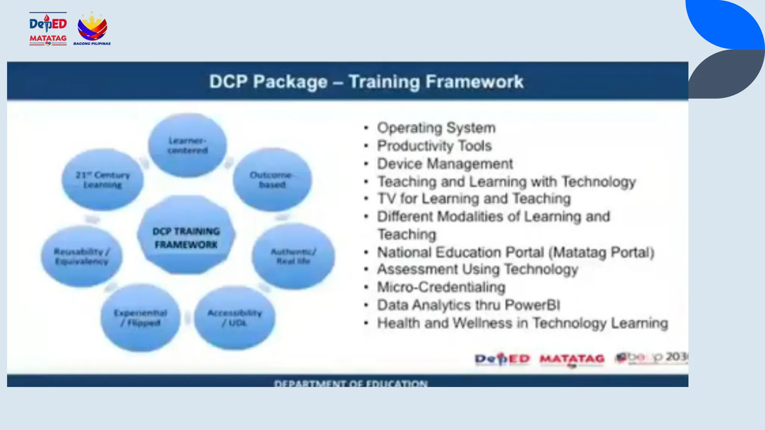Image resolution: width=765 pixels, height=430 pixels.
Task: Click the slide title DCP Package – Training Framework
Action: (x=366, y=82)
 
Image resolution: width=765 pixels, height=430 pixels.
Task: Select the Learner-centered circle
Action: (x=188, y=145)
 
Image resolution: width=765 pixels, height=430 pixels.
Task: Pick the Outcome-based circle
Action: (x=272, y=180)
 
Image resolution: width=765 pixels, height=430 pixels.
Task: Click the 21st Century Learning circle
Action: (x=103, y=180)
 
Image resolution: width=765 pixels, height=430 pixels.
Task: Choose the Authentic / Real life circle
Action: (x=293, y=256)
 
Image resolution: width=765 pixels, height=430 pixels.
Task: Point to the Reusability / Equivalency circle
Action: (x=82, y=256)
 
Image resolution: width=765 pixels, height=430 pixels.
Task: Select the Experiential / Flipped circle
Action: (x=140, y=317)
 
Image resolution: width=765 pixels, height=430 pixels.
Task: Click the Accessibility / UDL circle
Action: (x=235, y=317)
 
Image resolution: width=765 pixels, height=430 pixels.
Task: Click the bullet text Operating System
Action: (x=436, y=128)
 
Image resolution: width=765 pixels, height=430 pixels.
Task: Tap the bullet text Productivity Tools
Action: (x=434, y=146)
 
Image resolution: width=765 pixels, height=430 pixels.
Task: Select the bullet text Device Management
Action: (x=445, y=164)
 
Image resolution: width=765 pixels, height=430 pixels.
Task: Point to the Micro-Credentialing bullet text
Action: (x=441, y=287)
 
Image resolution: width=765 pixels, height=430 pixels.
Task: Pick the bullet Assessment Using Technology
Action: (x=477, y=269)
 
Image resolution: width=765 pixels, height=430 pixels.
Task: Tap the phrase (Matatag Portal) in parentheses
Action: (x=601, y=252)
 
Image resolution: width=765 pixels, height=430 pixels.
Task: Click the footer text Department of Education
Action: (x=350, y=383)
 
